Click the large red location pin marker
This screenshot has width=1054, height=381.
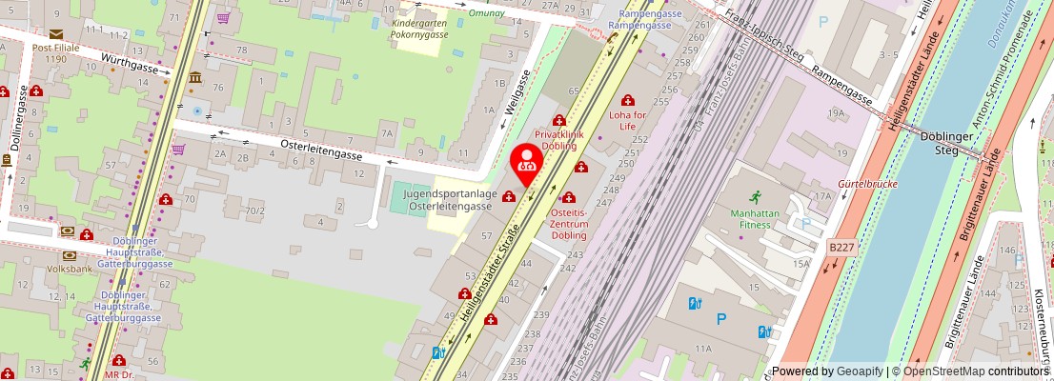coord(526,164)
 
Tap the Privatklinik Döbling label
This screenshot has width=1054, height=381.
coord(556,140)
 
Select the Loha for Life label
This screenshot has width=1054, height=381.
coord(627,120)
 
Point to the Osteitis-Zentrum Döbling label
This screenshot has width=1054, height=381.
coord(570,223)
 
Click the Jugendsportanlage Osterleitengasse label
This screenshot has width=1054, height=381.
coord(450,200)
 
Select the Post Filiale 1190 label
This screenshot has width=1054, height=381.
coord(55,51)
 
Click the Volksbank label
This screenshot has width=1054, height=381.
coord(70,270)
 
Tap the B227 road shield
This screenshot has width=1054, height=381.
coord(841,247)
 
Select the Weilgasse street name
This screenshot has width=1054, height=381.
coord(516,92)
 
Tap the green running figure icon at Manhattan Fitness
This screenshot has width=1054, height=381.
coord(755,197)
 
